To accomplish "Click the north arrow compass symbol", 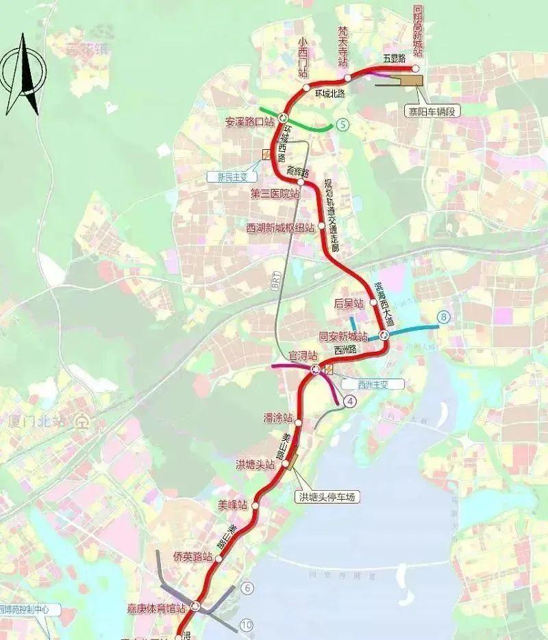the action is coord(23,75).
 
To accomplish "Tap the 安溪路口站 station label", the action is coord(249,123).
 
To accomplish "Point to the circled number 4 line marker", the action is coord(351,402).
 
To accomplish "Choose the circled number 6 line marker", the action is coord(247,588).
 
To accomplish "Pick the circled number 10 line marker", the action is coord(247,624).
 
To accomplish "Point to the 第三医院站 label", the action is coord(275,194).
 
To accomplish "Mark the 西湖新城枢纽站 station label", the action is coord(280,227).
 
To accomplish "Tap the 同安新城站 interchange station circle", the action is coord(384,335).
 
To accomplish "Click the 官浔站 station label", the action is coord(302,356).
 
